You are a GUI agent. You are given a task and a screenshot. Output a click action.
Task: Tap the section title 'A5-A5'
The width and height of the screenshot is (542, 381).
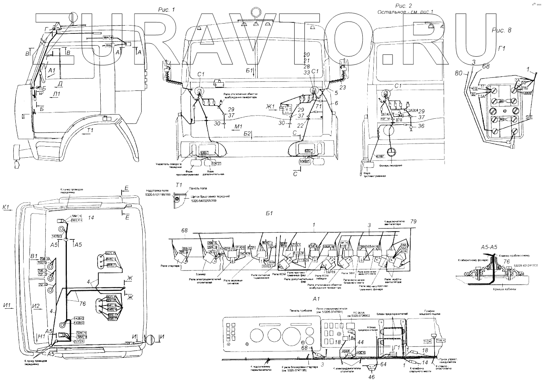coord(489,248)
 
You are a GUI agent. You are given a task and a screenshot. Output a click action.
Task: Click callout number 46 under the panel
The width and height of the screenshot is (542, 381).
coord(372,377)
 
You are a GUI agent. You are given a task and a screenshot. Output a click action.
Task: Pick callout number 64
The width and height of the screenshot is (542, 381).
coord(384,364)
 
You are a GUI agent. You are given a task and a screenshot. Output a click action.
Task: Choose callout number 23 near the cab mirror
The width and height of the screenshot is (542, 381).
coord(343,88)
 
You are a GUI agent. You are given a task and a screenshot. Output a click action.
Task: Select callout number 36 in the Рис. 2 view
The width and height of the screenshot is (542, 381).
coord(421,126)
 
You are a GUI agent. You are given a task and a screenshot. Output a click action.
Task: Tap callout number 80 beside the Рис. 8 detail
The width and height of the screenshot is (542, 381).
coord(458,73)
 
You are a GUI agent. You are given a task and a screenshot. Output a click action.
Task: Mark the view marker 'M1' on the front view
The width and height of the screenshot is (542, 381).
coord(238,126)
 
